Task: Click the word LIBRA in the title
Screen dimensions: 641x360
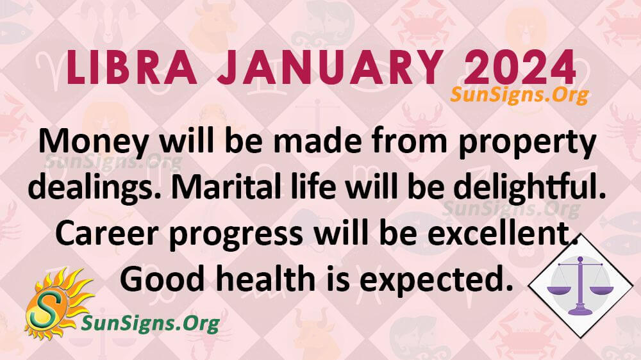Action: (x=131, y=68)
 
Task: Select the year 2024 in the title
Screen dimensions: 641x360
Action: (x=520, y=68)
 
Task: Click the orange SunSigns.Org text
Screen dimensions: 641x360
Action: (x=520, y=95)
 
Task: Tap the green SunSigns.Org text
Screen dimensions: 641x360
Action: (x=151, y=324)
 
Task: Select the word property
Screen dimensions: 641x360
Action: (x=527, y=143)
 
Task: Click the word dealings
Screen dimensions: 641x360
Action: (x=96, y=188)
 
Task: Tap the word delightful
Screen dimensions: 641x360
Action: (x=529, y=188)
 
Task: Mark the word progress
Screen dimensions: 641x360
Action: (x=236, y=235)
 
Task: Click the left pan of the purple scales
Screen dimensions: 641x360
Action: (x=559, y=291)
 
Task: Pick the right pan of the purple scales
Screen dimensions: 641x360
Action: (x=602, y=291)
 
